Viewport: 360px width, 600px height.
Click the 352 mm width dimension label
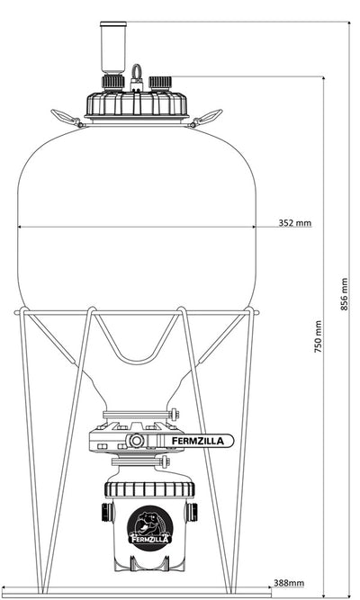[x=294, y=222]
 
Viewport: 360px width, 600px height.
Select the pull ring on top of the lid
[x=138, y=73]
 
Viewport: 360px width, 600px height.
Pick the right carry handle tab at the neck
[x=210, y=116]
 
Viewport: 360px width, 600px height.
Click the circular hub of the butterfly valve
[x=137, y=441]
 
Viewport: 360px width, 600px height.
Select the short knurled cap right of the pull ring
[x=161, y=83]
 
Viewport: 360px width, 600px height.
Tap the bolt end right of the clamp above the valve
[x=176, y=414]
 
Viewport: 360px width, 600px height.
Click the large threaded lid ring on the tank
[x=138, y=104]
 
